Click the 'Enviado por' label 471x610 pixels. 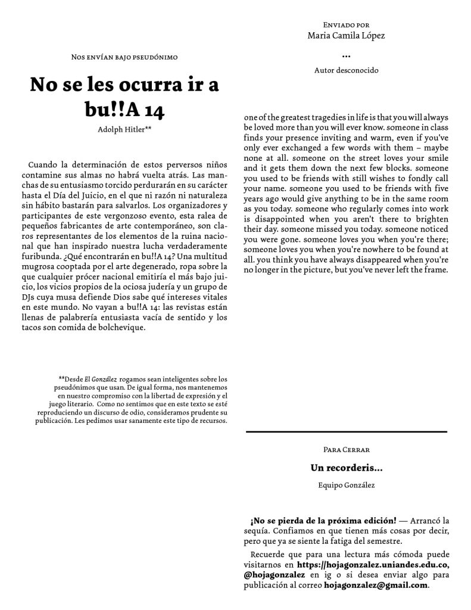[346, 25]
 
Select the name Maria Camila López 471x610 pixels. [346, 36]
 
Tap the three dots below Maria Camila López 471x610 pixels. [346, 57]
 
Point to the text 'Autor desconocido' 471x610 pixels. [346, 70]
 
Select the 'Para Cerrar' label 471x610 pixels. [346, 449]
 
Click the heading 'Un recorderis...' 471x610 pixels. [346, 468]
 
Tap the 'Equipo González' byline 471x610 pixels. [346, 485]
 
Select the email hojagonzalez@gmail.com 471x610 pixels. [376, 585]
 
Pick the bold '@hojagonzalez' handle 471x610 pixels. [274, 575]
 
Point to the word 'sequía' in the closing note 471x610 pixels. [258, 531]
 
